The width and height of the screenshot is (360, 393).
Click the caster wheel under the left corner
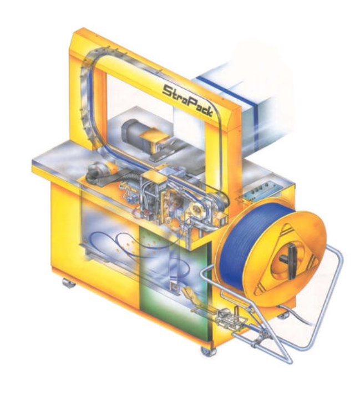(x=68, y=283)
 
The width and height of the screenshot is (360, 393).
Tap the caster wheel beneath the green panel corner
(x=209, y=351)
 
